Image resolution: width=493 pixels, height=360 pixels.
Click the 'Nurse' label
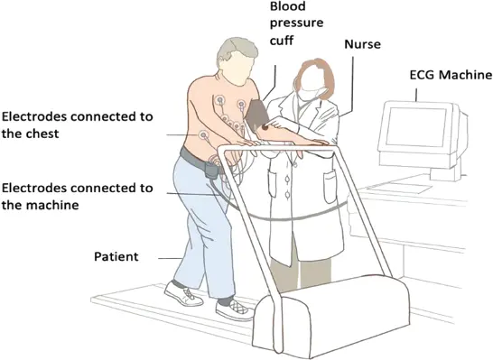pos(362,44)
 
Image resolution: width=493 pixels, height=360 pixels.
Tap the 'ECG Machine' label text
pos(451,75)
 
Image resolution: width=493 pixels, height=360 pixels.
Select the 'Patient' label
pos(116,256)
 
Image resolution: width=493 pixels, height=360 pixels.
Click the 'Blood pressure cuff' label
pos(296,23)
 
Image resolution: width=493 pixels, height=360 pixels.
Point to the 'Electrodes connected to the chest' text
pos(77,125)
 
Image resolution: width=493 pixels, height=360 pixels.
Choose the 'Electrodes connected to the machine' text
pos(77,197)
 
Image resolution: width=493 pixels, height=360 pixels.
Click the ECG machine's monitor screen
pos(415,126)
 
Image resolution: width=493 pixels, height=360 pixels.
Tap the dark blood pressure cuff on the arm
pos(256,115)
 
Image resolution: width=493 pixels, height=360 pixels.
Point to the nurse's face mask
pos(310,94)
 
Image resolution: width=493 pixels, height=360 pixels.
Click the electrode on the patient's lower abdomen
pos(204,135)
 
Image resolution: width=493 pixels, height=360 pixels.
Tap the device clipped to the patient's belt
pos(211,171)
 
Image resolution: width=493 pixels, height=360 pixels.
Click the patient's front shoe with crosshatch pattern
pos(233,309)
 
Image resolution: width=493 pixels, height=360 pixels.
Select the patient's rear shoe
pos(183,294)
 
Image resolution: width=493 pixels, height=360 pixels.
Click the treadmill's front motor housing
pos(331,318)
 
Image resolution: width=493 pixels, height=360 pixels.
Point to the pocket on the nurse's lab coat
pos(331,187)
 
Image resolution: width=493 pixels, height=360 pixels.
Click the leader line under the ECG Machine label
pos(417,95)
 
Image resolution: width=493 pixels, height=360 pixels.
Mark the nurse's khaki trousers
pos(302,271)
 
